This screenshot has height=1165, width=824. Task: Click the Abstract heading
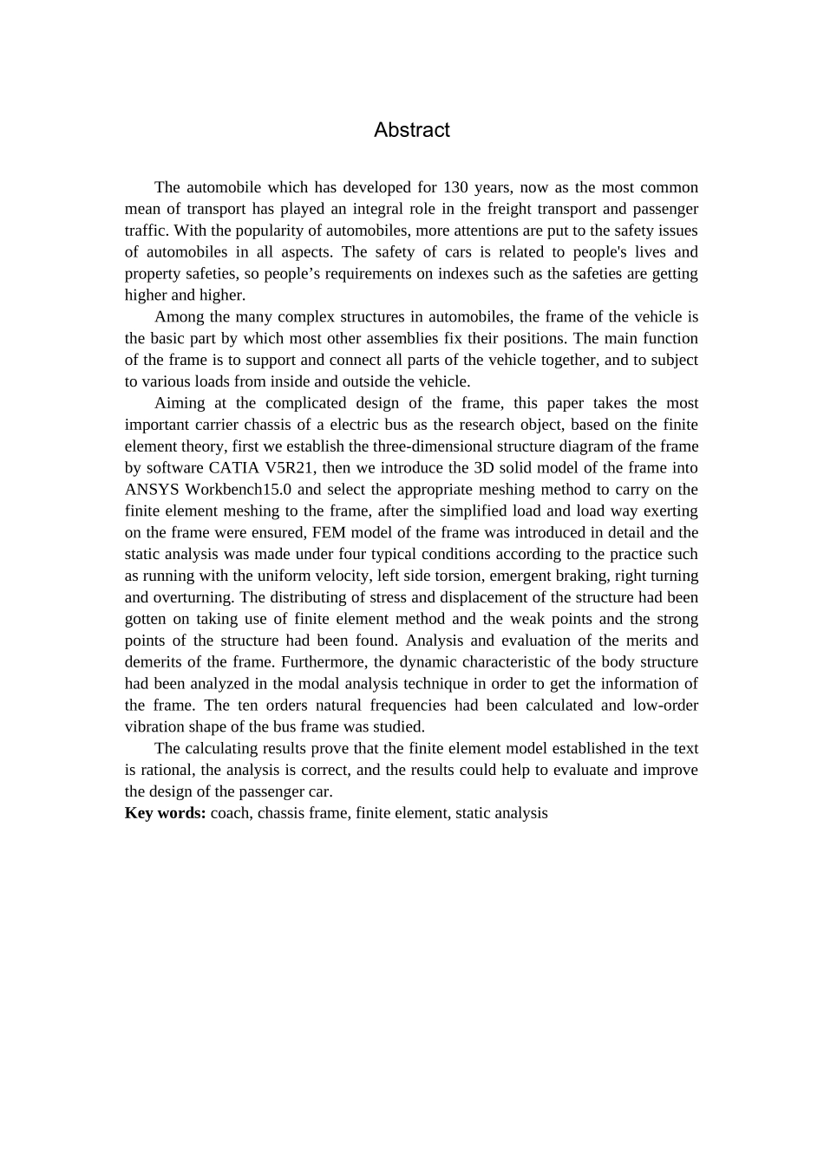[411, 130]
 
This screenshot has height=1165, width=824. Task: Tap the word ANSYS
[152, 490]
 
